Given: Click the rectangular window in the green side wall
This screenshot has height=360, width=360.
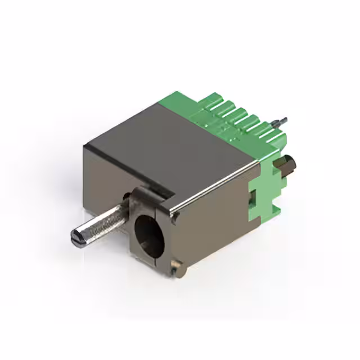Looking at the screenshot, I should click(x=253, y=197).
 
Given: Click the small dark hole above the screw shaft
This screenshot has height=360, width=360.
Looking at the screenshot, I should click(x=125, y=196).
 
